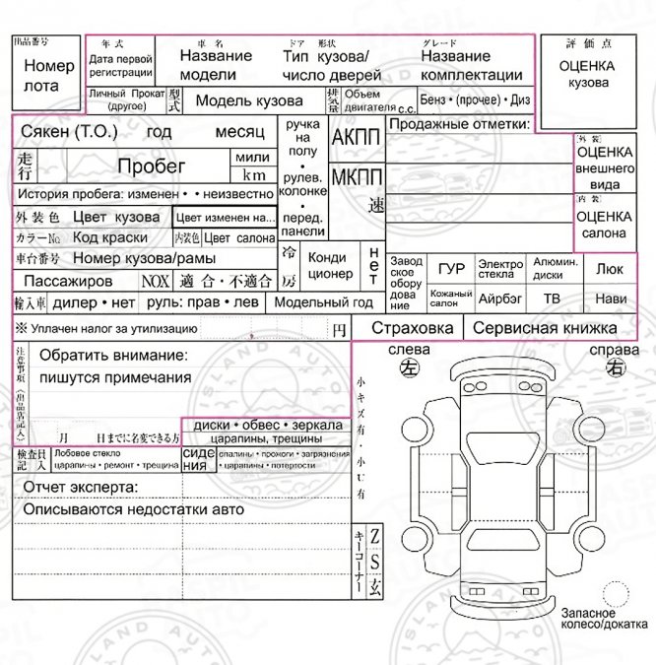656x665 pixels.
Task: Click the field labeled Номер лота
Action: click(x=47, y=76)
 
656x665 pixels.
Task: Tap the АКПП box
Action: click(x=356, y=138)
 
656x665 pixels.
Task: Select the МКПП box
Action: click(x=356, y=178)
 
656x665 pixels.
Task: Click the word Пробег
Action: click(x=152, y=166)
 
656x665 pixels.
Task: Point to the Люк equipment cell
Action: click(x=610, y=268)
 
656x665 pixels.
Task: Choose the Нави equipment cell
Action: click(x=610, y=298)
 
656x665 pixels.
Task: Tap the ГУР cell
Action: click(x=451, y=268)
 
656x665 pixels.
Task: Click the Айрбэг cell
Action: click(x=499, y=298)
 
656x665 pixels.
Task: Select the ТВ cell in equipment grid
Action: click(x=552, y=298)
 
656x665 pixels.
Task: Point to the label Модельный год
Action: click(x=323, y=302)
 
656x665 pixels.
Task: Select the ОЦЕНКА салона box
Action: click(x=604, y=224)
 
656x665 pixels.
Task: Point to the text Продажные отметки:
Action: click(x=458, y=124)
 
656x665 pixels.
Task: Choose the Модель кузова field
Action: click(x=248, y=100)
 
